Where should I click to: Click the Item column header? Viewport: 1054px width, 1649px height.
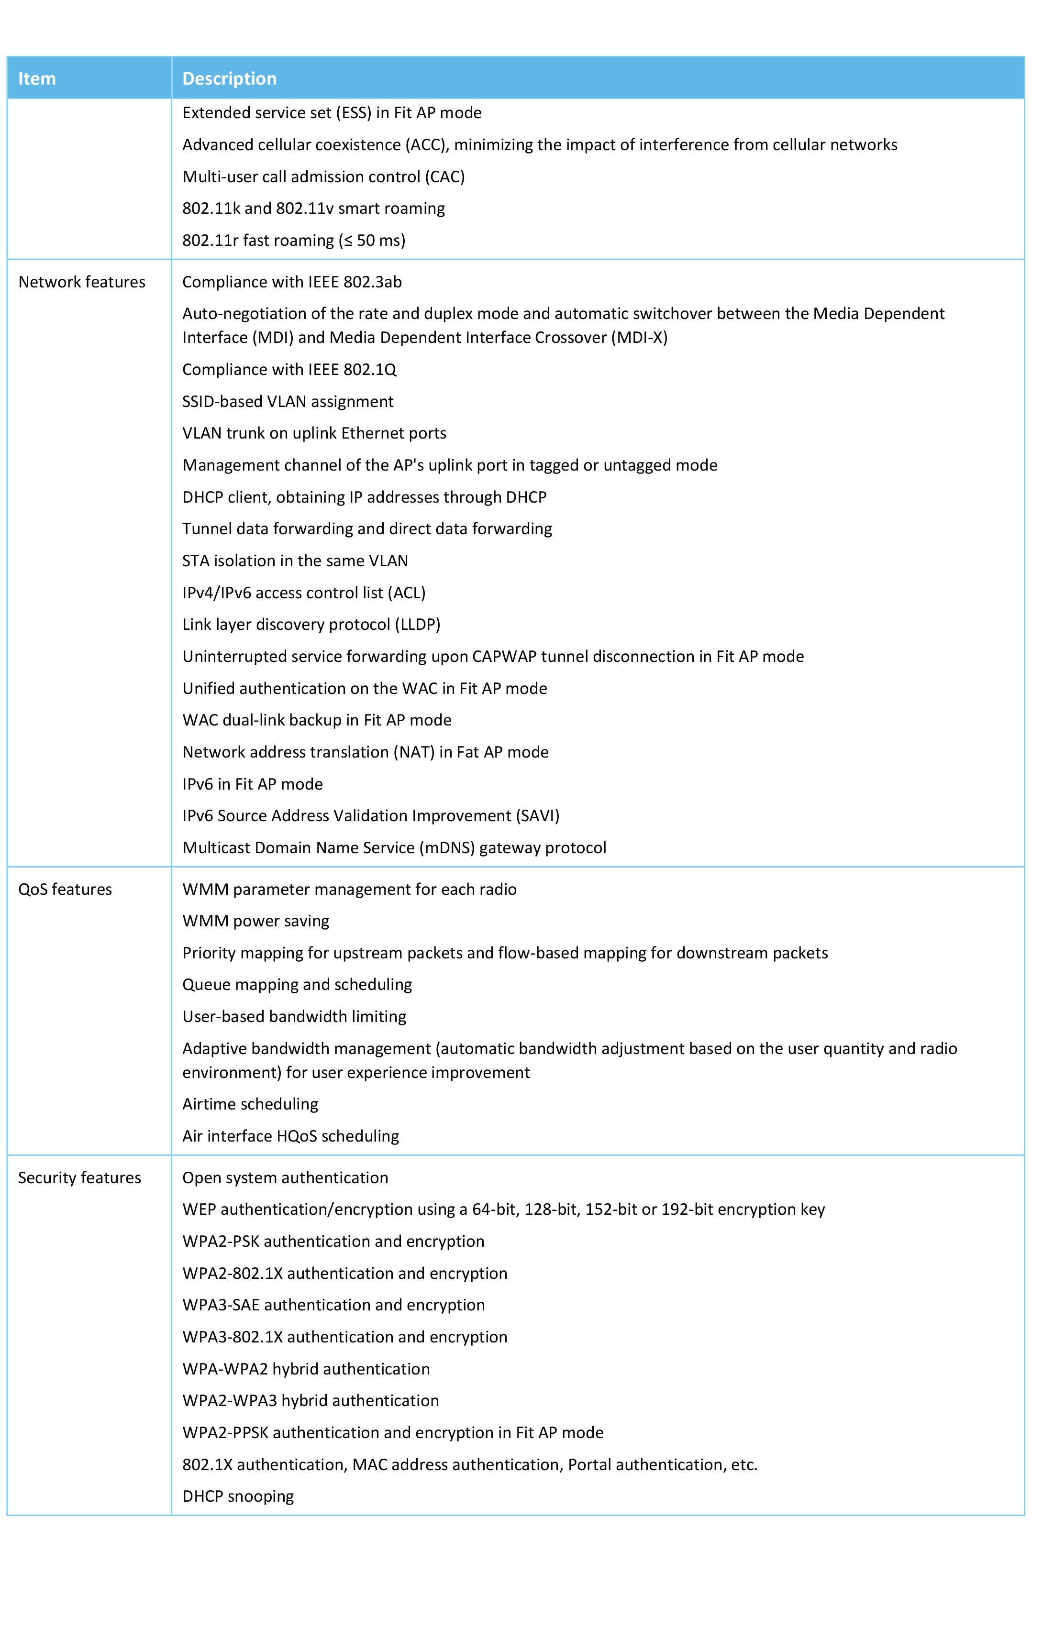coord(37,79)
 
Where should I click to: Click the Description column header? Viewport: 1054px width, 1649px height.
coord(230,79)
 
